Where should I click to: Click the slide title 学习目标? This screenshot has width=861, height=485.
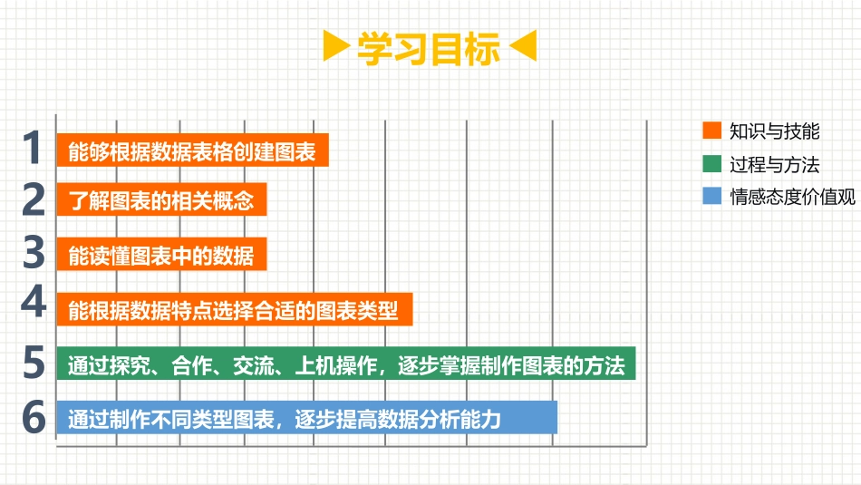point(429,49)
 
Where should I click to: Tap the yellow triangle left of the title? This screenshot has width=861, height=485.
point(336,47)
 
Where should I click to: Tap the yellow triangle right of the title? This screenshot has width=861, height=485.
point(523,47)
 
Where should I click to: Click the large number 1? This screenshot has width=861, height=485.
point(33,149)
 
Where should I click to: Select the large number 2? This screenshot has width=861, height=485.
point(33,199)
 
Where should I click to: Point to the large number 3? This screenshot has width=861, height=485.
point(33,252)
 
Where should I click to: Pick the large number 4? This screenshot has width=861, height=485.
point(33,303)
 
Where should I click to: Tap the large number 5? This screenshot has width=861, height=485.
point(33,364)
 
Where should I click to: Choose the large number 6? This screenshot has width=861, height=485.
point(33,418)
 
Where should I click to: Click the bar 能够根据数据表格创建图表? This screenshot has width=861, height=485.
point(192,151)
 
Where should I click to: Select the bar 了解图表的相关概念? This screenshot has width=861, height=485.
point(161,200)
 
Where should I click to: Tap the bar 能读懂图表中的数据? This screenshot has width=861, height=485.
point(161,255)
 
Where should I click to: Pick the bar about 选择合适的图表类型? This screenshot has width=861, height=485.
point(234,310)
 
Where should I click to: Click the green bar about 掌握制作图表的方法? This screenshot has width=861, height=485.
point(345,365)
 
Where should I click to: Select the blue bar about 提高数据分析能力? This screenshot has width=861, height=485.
point(306,419)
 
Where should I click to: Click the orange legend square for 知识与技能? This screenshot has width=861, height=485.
point(711,131)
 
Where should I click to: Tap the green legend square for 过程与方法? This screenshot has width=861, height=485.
point(711,164)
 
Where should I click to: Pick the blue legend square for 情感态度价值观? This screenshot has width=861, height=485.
point(711,197)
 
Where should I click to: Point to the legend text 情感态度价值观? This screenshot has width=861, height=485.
point(792,197)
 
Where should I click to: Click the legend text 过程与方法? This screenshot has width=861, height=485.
point(774,164)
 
